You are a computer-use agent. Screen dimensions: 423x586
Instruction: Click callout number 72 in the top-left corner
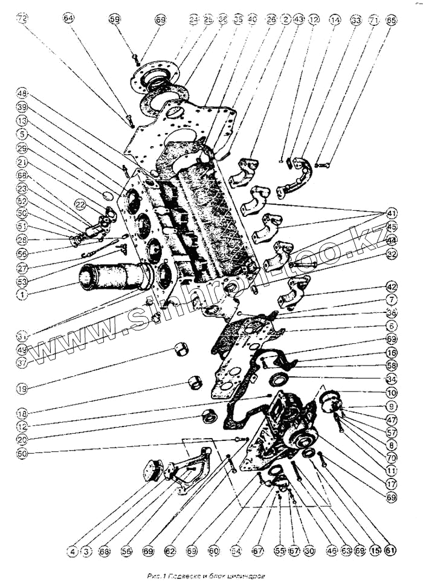[x=22, y=19]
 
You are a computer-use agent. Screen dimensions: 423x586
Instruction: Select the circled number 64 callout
[x=68, y=19]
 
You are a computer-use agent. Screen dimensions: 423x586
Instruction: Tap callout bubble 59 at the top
[x=115, y=19]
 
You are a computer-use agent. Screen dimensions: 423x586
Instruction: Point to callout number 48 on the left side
[x=22, y=94]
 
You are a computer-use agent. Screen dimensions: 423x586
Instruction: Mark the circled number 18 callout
[x=22, y=414]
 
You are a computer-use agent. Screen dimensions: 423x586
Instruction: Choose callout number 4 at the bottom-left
[x=72, y=551]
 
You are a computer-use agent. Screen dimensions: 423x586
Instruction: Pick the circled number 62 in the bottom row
[x=170, y=551]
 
